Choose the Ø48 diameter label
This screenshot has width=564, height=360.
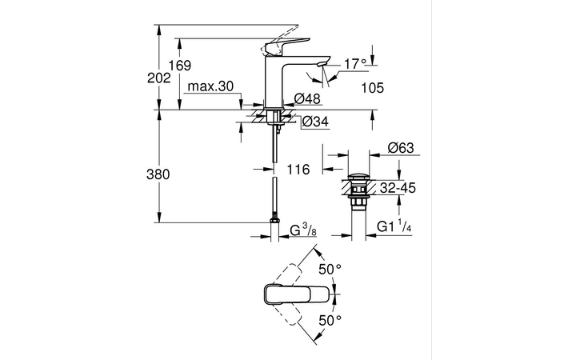click(x=307, y=98)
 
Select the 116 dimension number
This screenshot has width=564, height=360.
click(x=298, y=170)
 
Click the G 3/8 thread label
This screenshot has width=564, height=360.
click(x=303, y=230)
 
